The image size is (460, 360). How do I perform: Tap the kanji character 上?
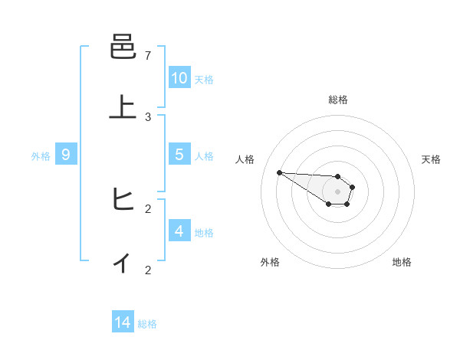click(123, 108)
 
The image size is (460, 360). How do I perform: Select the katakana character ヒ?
click(123, 201)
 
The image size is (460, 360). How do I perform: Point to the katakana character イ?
click(123, 263)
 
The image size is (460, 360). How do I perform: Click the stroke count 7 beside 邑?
click(148, 56)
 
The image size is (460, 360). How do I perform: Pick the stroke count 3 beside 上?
click(148, 116)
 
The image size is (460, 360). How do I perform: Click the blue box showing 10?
click(179, 78)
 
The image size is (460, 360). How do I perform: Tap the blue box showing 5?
click(179, 155)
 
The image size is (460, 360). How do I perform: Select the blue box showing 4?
click(179, 231)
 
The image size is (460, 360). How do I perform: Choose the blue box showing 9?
click(66, 155)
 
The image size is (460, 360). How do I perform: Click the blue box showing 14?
click(123, 322)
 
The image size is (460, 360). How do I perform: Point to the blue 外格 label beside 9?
click(41, 156)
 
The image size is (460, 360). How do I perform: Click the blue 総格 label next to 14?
click(147, 324)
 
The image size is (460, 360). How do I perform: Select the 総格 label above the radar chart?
click(338, 100)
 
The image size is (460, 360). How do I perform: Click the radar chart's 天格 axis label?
click(431, 159)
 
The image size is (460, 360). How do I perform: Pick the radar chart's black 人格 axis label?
click(245, 159)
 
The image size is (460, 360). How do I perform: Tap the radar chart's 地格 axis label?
click(402, 262)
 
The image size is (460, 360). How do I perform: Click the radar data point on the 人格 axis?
click(279, 172)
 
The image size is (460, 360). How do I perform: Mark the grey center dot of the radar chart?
click(337, 191)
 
